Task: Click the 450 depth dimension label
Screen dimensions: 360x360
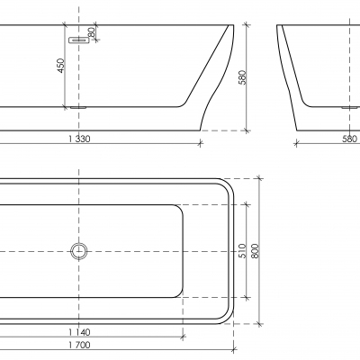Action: pyautogui.click(x=61, y=66)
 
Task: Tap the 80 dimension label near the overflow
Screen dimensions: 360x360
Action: pyautogui.click(x=92, y=32)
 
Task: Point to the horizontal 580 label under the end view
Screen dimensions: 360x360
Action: pyautogui.click(x=349, y=139)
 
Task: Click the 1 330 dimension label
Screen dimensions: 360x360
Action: pyautogui.click(x=79, y=139)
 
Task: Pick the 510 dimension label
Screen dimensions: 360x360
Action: pyautogui.click(x=243, y=251)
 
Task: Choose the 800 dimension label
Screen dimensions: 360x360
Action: pyautogui.click(x=256, y=251)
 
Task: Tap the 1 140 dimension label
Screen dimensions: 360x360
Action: pyautogui.click(x=79, y=332)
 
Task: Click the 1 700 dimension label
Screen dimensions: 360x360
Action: pyautogui.click(x=79, y=345)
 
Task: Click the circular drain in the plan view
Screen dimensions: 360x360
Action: pyautogui.click(x=79, y=251)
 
